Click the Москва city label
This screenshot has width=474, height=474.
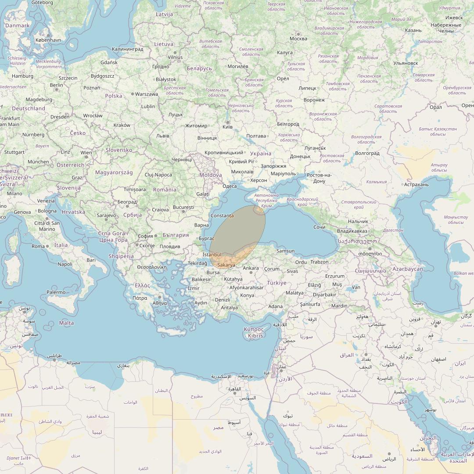coord(298,39)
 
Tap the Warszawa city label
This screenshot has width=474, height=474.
coord(147,94)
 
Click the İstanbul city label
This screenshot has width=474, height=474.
coord(212,255)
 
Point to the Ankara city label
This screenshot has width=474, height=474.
coord(251,268)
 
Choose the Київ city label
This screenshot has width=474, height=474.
coord(227,127)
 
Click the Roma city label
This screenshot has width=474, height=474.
coord(38,246)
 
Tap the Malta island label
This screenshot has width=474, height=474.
coord(66,323)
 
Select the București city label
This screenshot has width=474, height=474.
coord(183,207)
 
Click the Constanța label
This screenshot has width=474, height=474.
coord(222,216)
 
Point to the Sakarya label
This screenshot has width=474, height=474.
coord(226,265)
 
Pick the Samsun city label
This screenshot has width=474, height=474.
coord(285,251)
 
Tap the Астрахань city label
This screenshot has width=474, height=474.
coord(416,184)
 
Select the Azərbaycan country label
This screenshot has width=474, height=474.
coord(408,269)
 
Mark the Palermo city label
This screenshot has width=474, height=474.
coord(56,292)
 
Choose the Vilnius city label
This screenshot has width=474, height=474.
coord(175,57)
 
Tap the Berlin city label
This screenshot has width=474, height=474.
coord(56,85)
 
